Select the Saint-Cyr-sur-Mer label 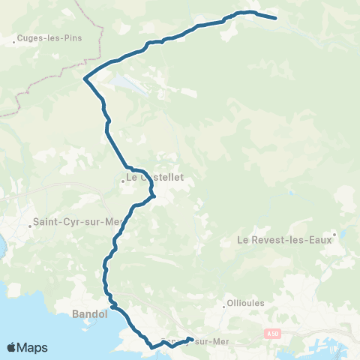pos(76,222)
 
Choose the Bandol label pos(90,314)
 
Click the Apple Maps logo pos(27,347)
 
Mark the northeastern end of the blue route pos(276,18)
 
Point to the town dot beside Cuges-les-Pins pos(14,42)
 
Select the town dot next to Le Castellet pos(121,180)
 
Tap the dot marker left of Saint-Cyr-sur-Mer pos(29,223)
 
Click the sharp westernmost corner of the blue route pos(85,78)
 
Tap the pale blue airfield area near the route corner pos(132,85)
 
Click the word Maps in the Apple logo pos(34,347)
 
